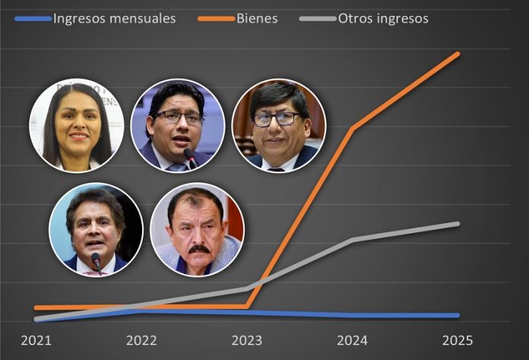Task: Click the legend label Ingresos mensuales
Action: click(x=114, y=17)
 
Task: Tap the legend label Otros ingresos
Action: click(x=383, y=17)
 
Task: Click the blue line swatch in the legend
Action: click(x=33, y=18)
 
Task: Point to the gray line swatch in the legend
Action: click(x=318, y=18)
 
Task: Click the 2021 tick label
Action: click(x=36, y=340)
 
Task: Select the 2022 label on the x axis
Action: click(x=141, y=340)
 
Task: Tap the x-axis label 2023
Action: click(x=247, y=340)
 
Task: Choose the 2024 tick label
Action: click(x=353, y=340)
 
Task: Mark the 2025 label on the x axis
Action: click(x=458, y=340)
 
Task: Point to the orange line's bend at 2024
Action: click(x=353, y=128)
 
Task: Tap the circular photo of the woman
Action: click(x=76, y=126)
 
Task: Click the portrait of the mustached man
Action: click(x=197, y=229)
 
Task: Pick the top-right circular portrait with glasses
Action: click(x=278, y=126)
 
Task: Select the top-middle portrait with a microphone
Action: click(x=177, y=126)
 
